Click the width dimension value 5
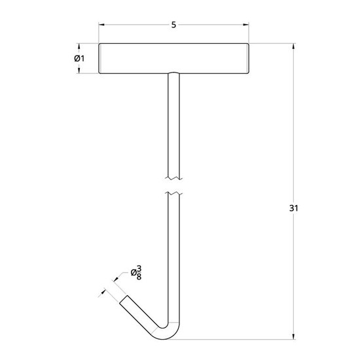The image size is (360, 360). click(x=173, y=25)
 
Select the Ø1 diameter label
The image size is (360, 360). click(x=79, y=58)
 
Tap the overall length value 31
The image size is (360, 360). click(x=293, y=208)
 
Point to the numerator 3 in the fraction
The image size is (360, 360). click(x=139, y=268)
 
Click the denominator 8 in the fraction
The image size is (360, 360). click(x=139, y=277)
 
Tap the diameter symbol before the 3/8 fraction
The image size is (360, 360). click(x=133, y=272)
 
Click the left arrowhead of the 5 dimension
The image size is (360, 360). click(x=102, y=25)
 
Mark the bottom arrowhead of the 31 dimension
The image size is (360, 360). click(x=293, y=334)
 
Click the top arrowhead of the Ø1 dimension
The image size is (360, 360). click(x=79, y=46)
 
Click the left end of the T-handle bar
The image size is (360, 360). click(x=100, y=58)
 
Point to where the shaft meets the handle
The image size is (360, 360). click(x=173, y=73)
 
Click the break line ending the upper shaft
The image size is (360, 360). click(x=173, y=177)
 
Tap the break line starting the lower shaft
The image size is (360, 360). click(x=173, y=194)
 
